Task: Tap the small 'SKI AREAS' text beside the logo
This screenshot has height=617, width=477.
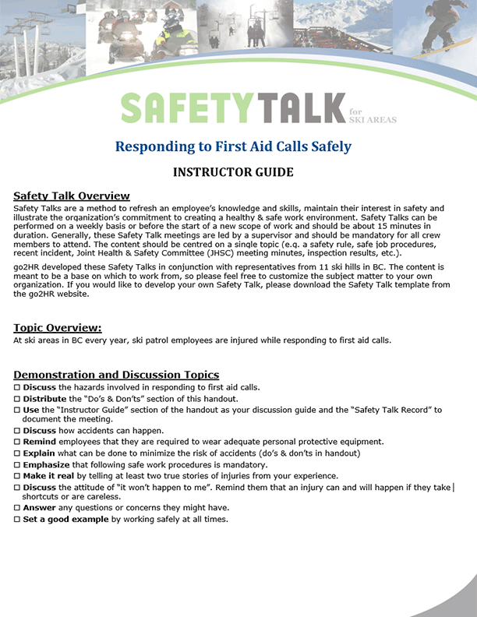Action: [x=373, y=119]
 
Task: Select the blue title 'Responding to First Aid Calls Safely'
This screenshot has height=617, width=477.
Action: [x=233, y=146]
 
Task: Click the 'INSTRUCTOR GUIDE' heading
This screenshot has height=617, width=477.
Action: [x=233, y=172]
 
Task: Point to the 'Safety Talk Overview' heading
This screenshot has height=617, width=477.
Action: [x=72, y=196]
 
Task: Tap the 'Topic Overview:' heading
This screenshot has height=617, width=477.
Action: [x=58, y=328]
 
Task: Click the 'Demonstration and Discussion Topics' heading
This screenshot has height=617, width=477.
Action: [x=116, y=375]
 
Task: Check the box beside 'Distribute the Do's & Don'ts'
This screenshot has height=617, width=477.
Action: [x=17, y=399]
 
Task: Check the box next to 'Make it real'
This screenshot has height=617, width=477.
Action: [x=17, y=476]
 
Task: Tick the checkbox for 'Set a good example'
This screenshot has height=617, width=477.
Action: [x=17, y=520]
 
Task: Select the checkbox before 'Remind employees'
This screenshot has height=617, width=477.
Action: [x=17, y=442]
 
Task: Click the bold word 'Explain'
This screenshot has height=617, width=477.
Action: [x=39, y=453]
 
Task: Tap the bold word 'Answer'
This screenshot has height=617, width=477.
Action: [x=40, y=509]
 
